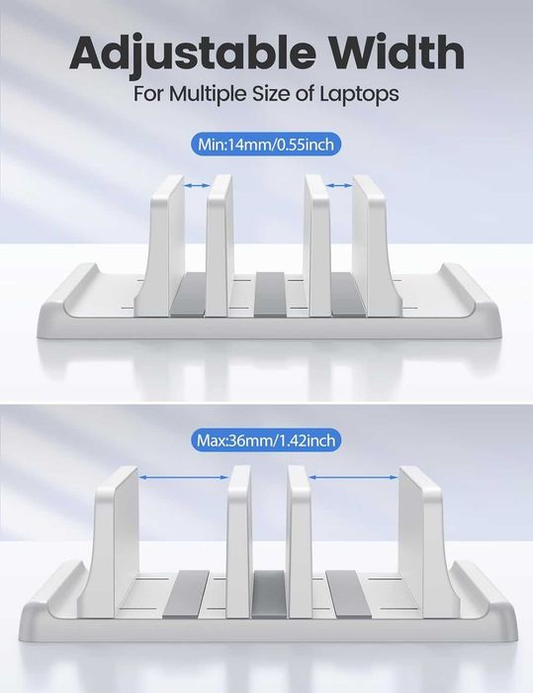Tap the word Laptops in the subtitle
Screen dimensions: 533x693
[359, 95]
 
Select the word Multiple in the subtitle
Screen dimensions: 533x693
[208, 95]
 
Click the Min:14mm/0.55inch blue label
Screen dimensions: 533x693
[266, 145]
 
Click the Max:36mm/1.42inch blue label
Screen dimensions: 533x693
[266, 441]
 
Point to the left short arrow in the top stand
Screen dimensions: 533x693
[197, 186]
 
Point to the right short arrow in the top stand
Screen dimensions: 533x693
[339, 186]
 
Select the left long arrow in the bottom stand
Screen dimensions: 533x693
[183, 477]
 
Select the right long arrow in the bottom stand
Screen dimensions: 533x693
[353, 477]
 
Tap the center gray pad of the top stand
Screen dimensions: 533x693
[269, 295]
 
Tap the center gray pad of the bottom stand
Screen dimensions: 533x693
[269, 594]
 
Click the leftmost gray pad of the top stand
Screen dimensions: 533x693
[189, 295]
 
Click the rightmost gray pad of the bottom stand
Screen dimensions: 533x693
[349, 594]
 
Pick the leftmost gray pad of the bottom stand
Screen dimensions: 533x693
[186, 594]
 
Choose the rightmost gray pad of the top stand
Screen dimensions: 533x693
[348, 295]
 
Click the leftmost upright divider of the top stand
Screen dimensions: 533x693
[159, 246]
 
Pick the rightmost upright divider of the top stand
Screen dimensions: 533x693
[377, 246]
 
